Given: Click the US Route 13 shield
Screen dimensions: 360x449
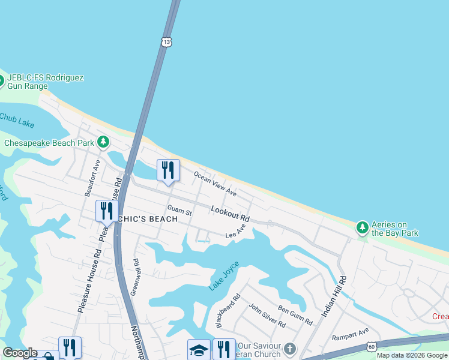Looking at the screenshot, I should click(x=166, y=41).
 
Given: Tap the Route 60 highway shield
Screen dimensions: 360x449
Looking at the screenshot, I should click(x=372, y=346).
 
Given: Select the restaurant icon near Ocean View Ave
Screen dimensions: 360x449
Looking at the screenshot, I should click(x=168, y=170).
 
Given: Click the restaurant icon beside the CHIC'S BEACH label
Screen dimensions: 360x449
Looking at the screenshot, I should click(x=107, y=211).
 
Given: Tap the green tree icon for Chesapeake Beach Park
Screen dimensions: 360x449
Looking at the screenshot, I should click(x=104, y=142).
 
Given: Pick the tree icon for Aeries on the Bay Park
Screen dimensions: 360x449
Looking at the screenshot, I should click(x=362, y=227).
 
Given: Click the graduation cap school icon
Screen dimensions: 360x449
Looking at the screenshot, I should click(x=199, y=349).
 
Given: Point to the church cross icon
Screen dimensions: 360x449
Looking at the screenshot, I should click(x=290, y=349).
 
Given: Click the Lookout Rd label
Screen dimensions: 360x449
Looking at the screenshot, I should click(x=230, y=212).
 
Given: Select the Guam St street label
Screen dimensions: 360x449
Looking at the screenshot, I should click(x=179, y=211).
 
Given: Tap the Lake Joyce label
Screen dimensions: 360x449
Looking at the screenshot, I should click(x=224, y=276).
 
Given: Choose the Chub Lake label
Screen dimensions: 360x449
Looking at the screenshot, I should click(x=16, y=119).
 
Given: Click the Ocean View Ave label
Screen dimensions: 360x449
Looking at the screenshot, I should click(x=215, y=184).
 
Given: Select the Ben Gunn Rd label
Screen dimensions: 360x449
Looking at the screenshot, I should click(x=295, y=314).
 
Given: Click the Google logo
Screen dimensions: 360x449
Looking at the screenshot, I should click(x=20, y=353).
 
